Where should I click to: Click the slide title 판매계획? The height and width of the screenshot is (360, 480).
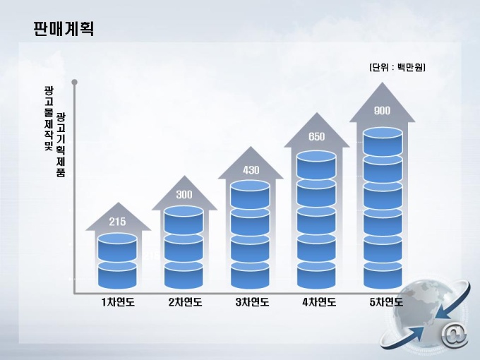click(x=64, y=29)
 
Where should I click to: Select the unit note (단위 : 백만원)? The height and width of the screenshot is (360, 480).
click(x=397, y=67)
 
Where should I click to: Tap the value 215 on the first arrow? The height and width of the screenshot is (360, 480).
click(x=118, y=222)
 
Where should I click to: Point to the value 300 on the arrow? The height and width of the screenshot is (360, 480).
click(x=184, y=194)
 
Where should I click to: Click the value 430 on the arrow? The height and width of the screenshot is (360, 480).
click(x=251, y=170)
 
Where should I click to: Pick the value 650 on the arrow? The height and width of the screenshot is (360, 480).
click(x=317, y=136)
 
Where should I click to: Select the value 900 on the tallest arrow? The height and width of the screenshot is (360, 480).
click(x=382, y=111)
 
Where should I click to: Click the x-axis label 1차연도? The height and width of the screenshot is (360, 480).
click(x=118, y=302)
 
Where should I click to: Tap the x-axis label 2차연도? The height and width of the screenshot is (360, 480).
click(x=185, y=302)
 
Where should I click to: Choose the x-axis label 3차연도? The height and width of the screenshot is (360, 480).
click(x=252, y=302)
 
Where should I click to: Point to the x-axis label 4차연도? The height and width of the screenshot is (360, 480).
click(x=319, y=302)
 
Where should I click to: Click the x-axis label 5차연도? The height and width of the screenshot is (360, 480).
click(x=386, y=302)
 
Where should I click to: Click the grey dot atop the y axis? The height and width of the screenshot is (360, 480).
click(x=74, y=82)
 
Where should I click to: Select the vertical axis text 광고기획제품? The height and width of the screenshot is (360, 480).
click(x=61, y=145)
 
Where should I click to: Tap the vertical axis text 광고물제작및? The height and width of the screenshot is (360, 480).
click(x=49, y=118)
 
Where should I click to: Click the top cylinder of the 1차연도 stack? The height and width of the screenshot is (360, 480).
click(x=117, y=247)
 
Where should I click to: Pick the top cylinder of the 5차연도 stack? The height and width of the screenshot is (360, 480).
click(x=383, y=142)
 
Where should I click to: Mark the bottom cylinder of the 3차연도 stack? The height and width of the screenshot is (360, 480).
click(x=250, y=275)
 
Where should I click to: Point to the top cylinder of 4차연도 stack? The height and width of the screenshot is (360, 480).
click(x=316, y=164)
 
